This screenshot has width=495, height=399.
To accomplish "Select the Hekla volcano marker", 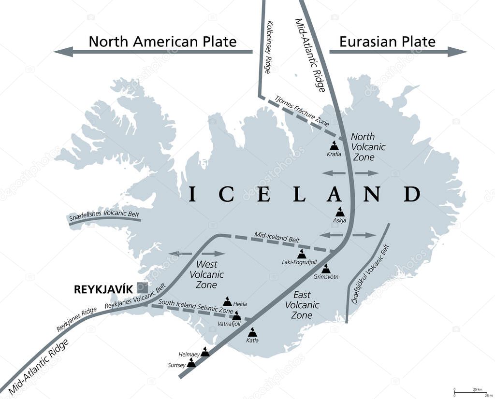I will click(226, 301).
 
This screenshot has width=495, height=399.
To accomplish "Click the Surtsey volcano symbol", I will click(191, 363).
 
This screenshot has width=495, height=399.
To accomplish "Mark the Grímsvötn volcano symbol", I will click(326, 269).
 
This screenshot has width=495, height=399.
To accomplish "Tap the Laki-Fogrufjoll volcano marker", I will click(302, 254).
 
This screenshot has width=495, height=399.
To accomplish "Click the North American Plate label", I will click(162, 42).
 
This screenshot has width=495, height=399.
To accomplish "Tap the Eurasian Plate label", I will click(387, 42).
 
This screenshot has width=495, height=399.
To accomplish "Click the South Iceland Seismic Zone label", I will click(196, 307).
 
